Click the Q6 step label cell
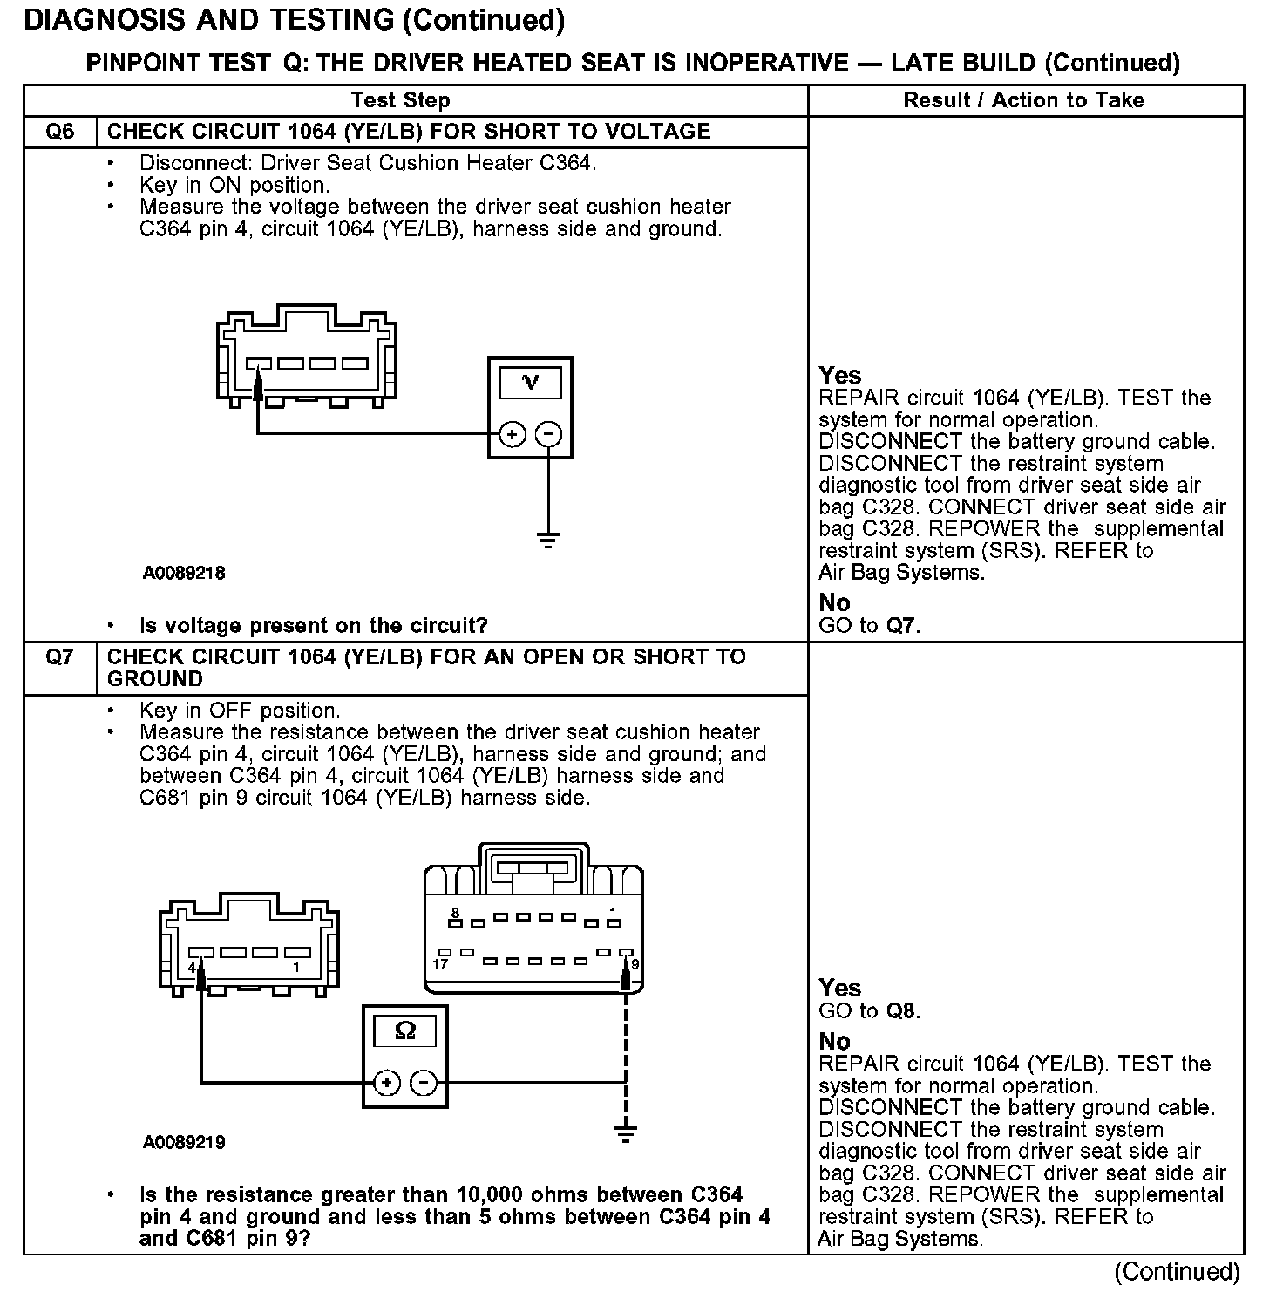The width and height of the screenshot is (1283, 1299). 59,132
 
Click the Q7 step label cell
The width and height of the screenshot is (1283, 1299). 59,657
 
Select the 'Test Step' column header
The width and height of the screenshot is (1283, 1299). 400,100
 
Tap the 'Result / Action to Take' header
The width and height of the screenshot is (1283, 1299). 1024,100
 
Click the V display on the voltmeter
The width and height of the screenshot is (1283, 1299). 530,383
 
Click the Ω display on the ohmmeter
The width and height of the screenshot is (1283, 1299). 405,1031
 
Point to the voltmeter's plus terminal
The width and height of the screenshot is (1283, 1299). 512,434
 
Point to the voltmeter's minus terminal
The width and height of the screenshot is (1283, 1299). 548,434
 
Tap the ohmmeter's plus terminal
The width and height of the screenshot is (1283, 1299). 387,1083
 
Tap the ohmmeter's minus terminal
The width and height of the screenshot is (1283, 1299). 424,1083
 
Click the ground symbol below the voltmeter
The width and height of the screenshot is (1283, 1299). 548,539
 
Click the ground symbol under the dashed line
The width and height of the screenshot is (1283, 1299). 625,1132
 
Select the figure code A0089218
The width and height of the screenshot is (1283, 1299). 184,573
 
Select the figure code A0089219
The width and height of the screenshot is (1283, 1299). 184,1142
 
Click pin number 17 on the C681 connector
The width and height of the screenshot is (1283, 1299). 440,964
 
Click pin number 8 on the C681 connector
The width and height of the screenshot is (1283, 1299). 455,913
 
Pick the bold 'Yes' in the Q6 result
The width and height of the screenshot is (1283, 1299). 840,376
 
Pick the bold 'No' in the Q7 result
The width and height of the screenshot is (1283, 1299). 834,1041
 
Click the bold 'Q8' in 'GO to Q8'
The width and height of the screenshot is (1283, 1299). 901,1011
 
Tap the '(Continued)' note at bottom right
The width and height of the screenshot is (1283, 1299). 1177,1272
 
